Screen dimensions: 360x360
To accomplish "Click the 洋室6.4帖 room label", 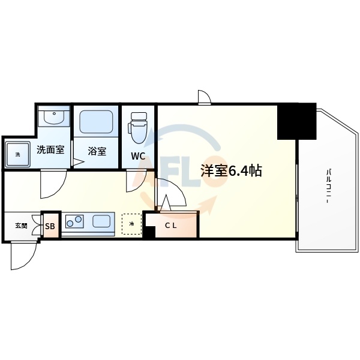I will [x=230, y=170].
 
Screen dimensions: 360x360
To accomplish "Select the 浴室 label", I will [x=97, y=151].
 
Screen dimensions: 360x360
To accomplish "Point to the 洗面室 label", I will [x=50, y=150].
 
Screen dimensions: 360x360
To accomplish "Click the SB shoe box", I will [x=50, y=226].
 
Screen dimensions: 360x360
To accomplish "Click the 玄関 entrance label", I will [x=21, y=225].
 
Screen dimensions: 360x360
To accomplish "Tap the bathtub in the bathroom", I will [x=97, y=122].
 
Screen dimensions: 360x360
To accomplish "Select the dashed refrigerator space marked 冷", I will [x=131, y=223].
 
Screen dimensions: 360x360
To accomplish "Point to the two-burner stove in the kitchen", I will [x=75, y=222].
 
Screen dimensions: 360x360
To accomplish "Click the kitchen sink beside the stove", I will [x=102, y=221].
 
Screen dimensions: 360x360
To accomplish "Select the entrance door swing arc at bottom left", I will [x=24, y=254].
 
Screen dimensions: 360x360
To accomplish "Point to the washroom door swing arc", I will [x=53, y=185].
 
